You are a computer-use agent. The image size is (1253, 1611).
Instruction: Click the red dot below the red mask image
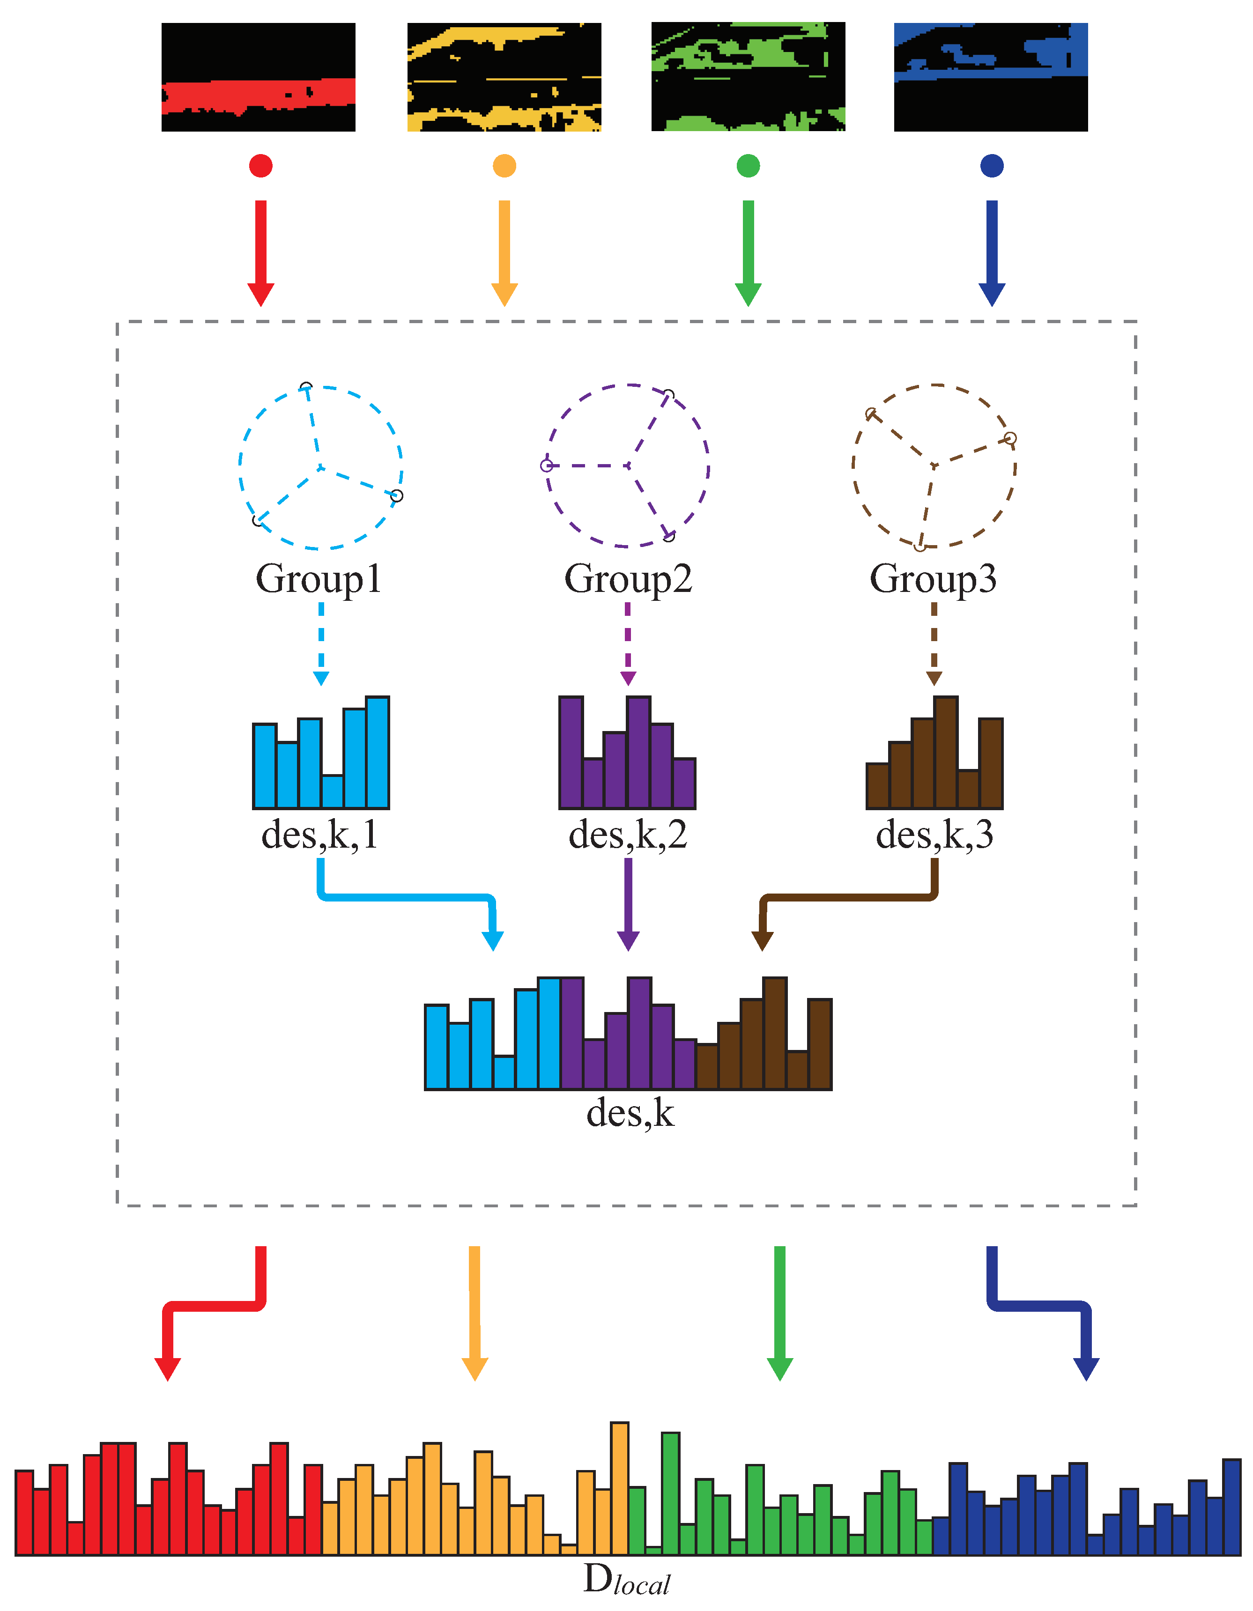(260, 165)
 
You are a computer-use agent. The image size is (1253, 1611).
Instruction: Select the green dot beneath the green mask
(748, 165)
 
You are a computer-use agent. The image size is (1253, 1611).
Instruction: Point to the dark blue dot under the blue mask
(992, 165)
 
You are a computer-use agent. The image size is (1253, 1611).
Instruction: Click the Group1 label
(319, 579)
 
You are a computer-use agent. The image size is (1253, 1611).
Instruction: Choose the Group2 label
(628, 579)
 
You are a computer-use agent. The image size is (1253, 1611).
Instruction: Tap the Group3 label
(934, 579)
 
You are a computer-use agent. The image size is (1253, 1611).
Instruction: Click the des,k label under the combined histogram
(630, 1114)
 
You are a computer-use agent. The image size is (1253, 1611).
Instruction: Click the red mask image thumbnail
(258, 77)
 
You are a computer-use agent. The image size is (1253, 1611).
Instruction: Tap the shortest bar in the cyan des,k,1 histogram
(333, 791)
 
